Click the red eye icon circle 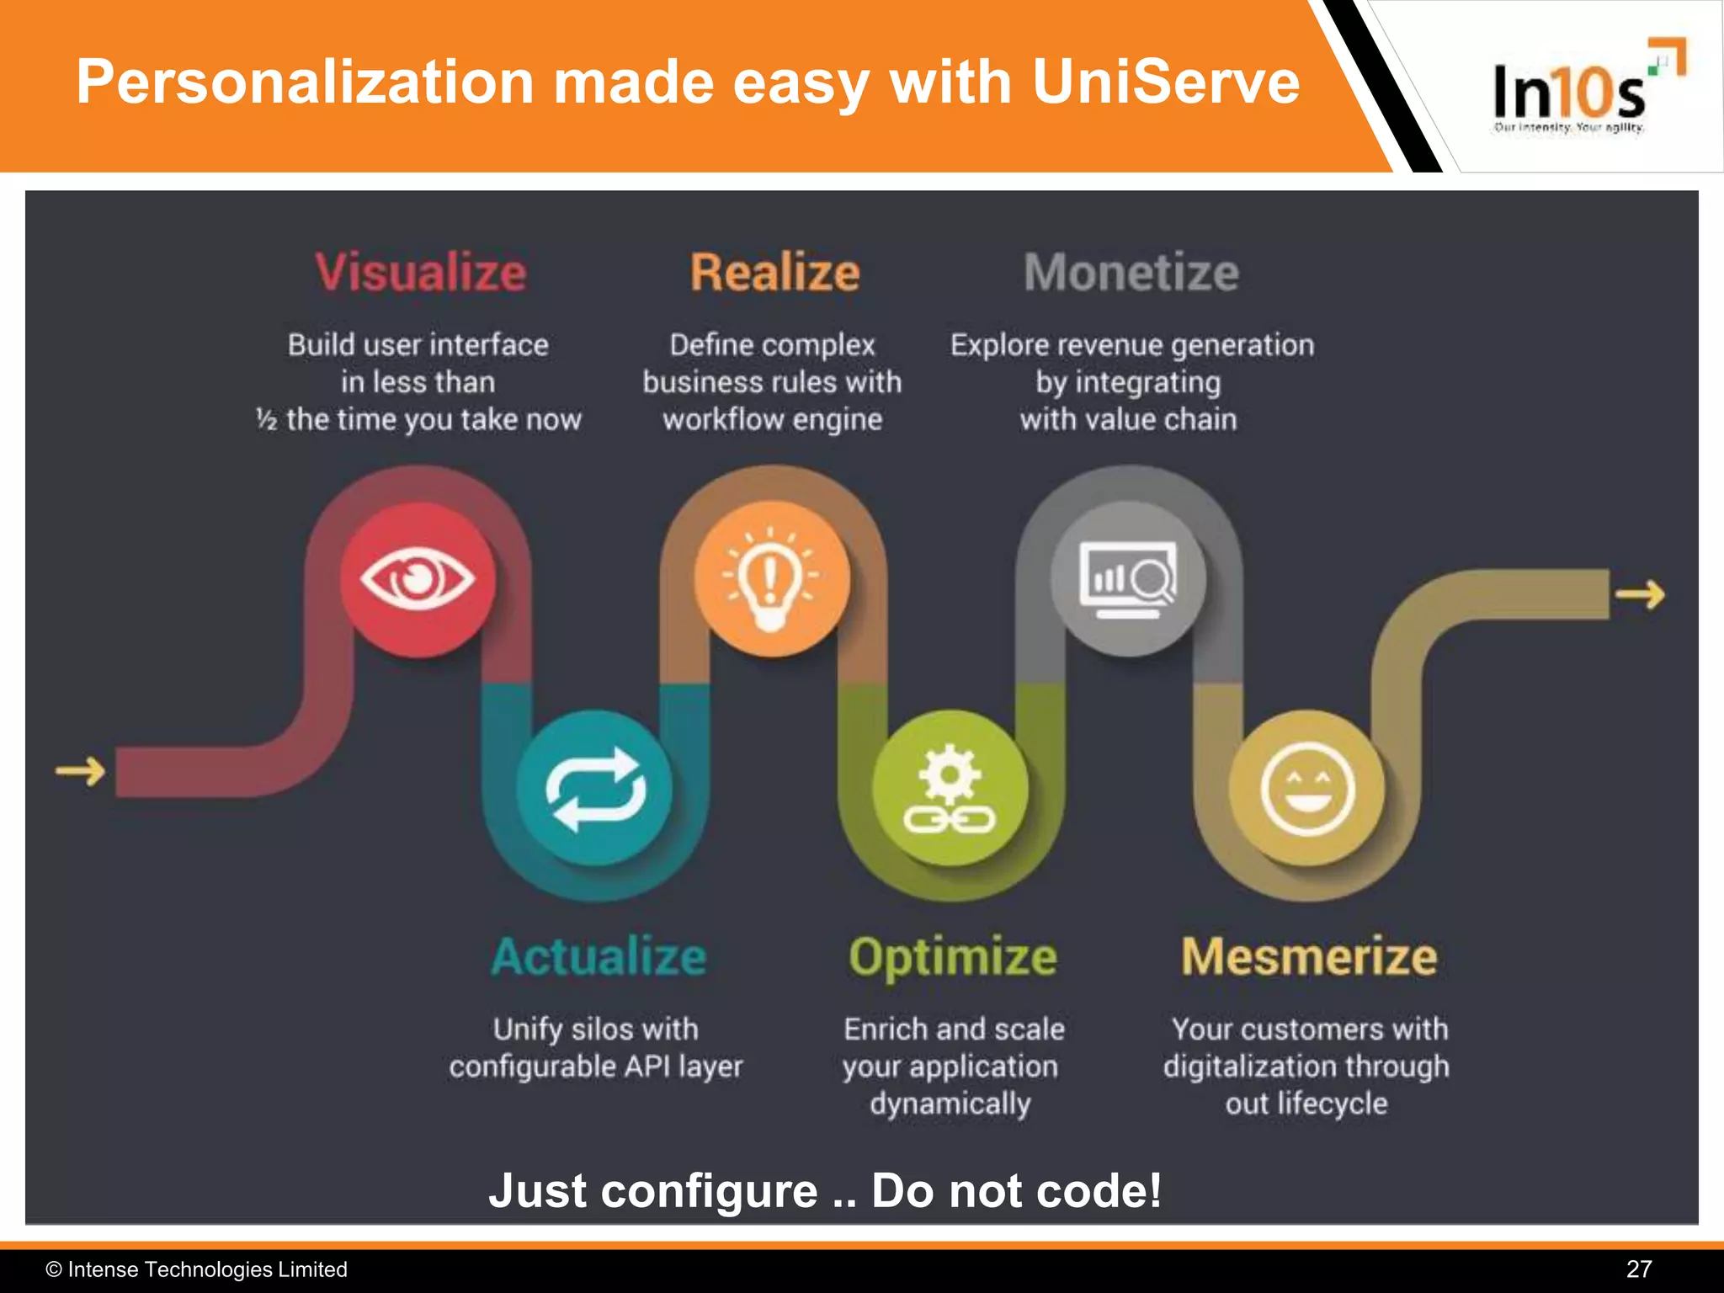pyautogui.click(x=418, y=579)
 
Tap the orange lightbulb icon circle pyautogui.click(x=771, y=579)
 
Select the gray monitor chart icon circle pyautogui.click(x=1128, y=579)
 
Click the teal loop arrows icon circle pyautogui.click(x=595, y=788)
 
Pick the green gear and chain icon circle pyautogui.click(x=950, y=788)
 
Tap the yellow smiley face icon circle pyautogui.click(x=1307, y=788)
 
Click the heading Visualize pyautogui.click(x=421, y=273)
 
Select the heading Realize pyautogui.click(x=774, y=273)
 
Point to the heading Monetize pyautogui.click(x=1131, y=273)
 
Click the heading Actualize pyautogui.click(x=599, y=957)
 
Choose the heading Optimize pyautogui.click(x=952, y=957)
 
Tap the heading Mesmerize pyautogui.click(x=1309, y=957)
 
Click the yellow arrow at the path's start pyautogui.click(x=81, y=770)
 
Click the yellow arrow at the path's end pyautogui.click(x=1640, y=594)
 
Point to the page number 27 pyautogui.click(x=1638, y=1269)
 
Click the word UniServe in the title pyautogui.click(x=1166, y=82)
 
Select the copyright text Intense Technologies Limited pyautogui.click(x=207, y=1269)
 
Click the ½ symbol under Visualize pyautogui.click(x=267, y=419)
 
